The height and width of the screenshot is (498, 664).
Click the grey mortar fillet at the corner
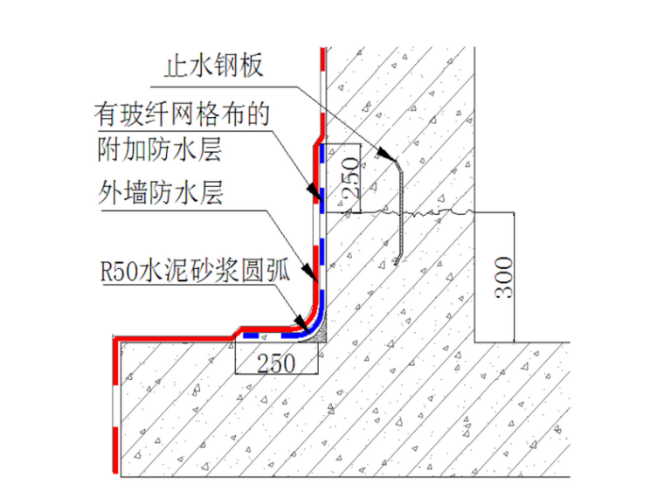coord(321,331)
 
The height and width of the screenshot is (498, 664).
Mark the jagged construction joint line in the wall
coord(437,211)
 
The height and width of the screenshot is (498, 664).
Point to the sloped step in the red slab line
coord(236,330)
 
